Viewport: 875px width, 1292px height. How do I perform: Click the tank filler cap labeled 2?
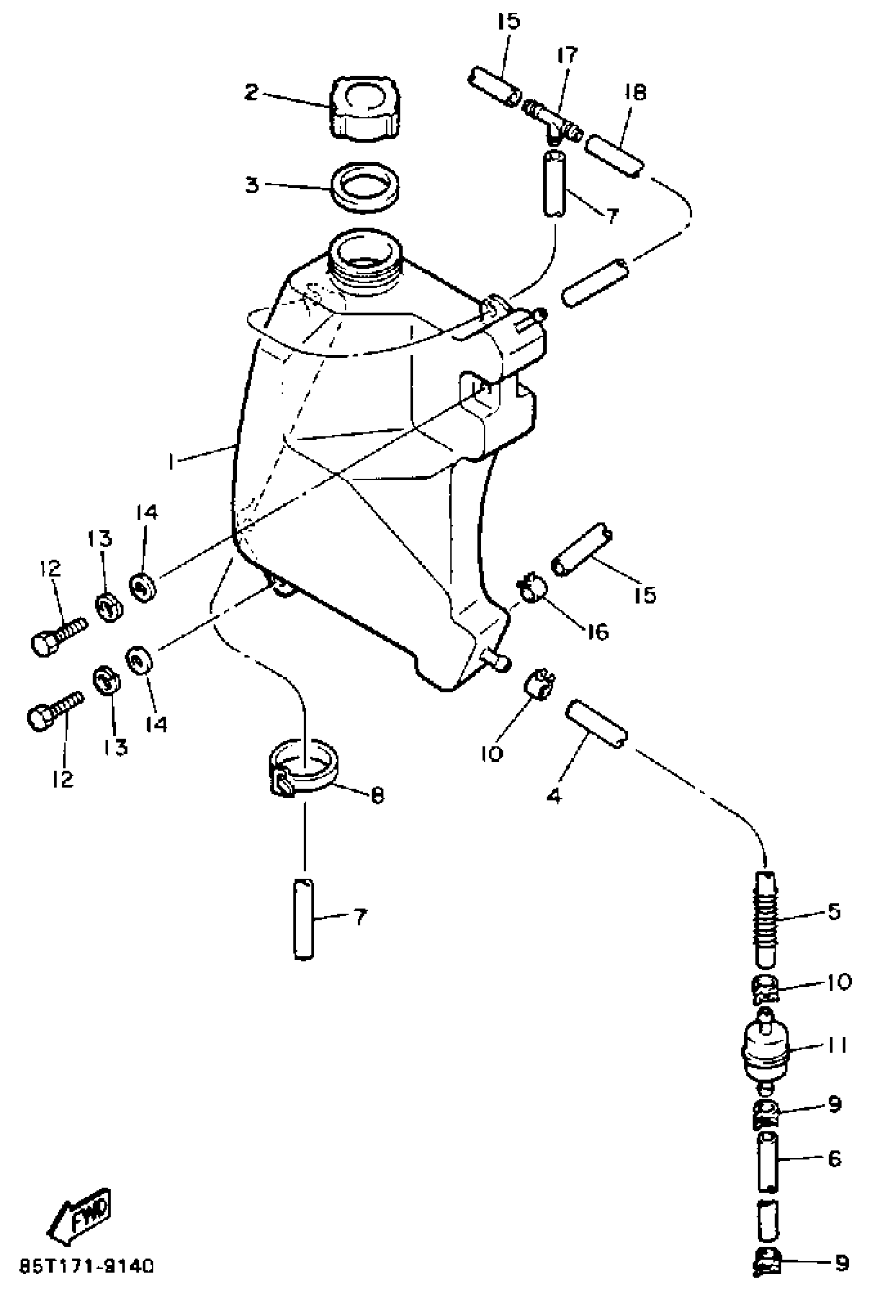pyautogui.click(x=366, y=109)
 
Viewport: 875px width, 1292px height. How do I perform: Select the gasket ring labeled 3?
pyautogui.click(x=366, y=187)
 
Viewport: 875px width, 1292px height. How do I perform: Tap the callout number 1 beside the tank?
pyautogui.click(x=173, y=461)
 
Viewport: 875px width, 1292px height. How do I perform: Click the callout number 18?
pyautogui.click(x=635, y=92)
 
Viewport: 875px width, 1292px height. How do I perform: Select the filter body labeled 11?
pyautogui.click(x=767, y=1047)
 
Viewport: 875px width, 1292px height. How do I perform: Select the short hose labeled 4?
pyautogui.click(x=597, y=724)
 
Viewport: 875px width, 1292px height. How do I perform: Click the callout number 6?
pyautogui.click(x=834, y=1159)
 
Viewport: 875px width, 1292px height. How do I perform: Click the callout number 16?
pyautogui.click(x=598, y=632)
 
